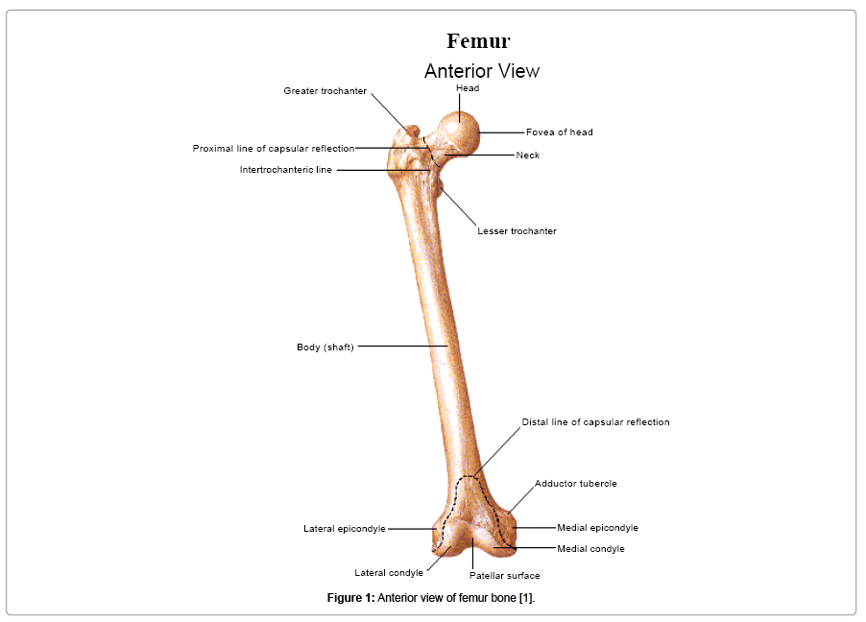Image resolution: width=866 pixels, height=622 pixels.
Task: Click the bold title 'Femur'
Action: (478, 41)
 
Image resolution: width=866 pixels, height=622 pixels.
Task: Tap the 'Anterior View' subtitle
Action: (482, 71)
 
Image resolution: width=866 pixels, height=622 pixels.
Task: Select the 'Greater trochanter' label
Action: (325, 91)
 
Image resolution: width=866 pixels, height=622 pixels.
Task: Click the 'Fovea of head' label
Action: (559, 132)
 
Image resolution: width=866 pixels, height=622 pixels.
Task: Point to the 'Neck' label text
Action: (527, 155)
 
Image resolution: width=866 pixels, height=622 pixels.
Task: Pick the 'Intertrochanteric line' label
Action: (285, 170)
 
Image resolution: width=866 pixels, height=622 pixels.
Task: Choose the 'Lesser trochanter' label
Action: (517, 231)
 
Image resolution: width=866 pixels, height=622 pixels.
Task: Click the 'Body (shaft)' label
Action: (325, 347)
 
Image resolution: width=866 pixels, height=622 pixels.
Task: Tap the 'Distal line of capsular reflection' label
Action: (595, 422)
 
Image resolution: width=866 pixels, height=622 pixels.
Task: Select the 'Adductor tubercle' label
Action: (575, 484)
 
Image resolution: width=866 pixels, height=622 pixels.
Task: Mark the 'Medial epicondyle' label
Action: (597, 528)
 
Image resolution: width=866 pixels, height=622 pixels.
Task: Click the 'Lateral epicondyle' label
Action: (344, 529)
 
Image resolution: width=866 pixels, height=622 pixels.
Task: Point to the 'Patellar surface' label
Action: (504, 576)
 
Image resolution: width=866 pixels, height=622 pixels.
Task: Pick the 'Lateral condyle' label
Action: (389, 573)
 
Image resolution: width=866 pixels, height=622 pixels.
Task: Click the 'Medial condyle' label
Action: (590, 549)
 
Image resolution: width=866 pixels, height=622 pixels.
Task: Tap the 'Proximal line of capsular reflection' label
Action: (273, 149)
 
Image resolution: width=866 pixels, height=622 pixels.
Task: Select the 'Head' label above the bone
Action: (468, 88)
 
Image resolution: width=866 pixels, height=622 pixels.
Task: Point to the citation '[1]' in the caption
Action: (526, 598)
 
